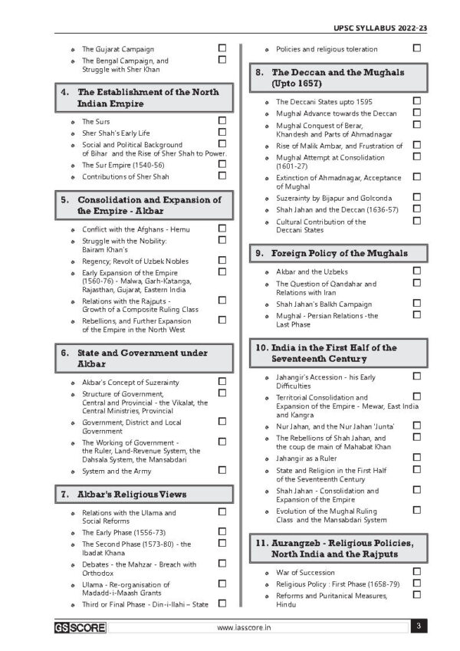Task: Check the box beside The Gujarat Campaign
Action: pyautogui.click(x=222, y=48)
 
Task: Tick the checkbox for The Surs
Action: pyautogui.click(x=222, y=120)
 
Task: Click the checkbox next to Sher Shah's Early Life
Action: pyautogui.click(x=222, y=132)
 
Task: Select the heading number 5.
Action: pyautogui.click(x=65, y=199)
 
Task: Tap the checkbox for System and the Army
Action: pyautogui.click(x=222, y=471)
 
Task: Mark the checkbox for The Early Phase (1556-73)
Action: pyautogui.click(x=222, y=531)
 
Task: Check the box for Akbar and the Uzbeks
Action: pyautogui.click(x=417, y=271)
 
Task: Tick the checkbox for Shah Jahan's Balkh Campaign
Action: pyautogui.click(x=417, y=303)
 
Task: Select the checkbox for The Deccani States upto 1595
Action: pyautogui.click(x=417, y=100)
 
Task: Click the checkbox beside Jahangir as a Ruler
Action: pyautogui.click(x=417, y=457)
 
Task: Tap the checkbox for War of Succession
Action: pyautogui.click(x=417, y=571)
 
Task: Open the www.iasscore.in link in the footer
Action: pyautogui.click(x=245, y=627)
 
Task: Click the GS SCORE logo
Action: pyautogui.click(x=80, y=627)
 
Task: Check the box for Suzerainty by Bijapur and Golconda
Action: pyautogui.click(x=417, y=197)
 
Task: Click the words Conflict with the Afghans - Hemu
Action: pyautogui.click(x=136, y=229)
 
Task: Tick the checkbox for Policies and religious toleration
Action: pyautogui.click(x=417, y=48)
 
